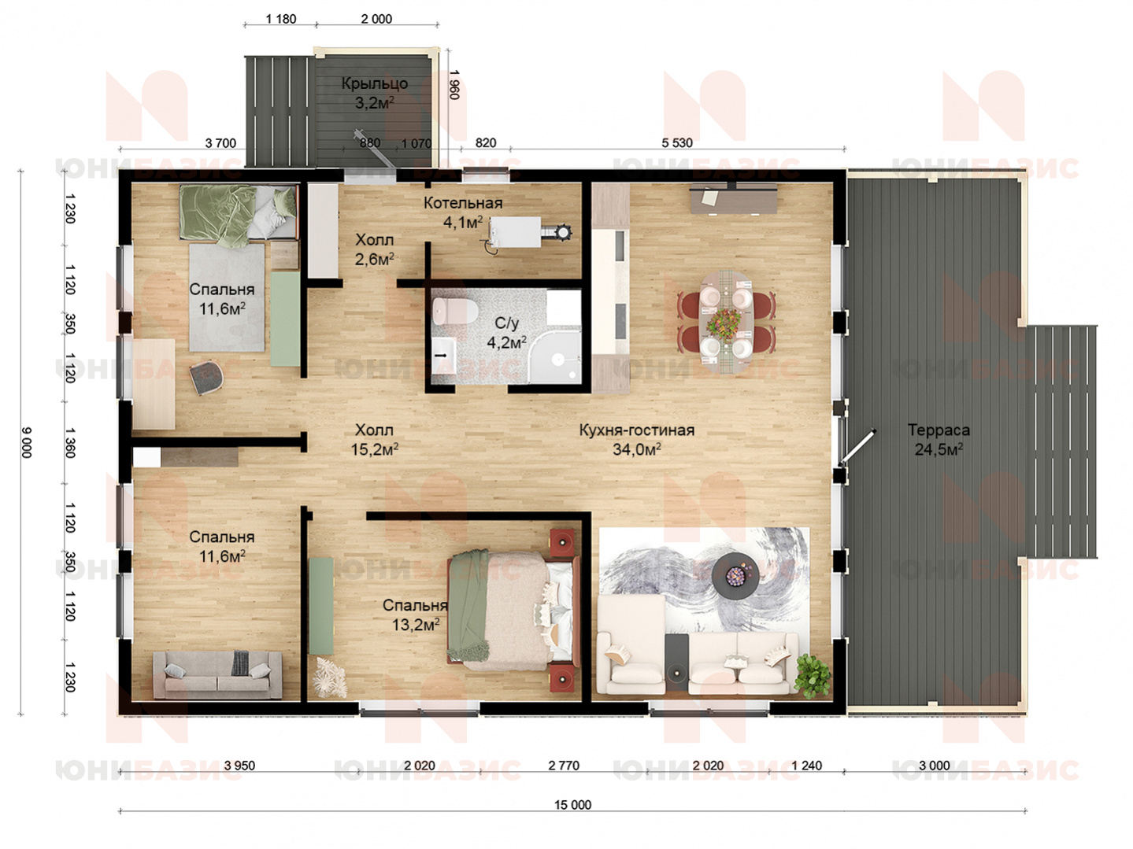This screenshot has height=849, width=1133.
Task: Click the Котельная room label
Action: click(x=463, y=203)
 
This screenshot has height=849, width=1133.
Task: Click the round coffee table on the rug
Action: click(x=735, y=574)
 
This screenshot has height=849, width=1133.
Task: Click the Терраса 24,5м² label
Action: click(x=939, y=440)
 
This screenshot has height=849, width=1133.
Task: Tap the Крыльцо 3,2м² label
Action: click(x=375, y=93)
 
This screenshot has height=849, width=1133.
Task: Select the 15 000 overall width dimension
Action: click(x=572, y=805)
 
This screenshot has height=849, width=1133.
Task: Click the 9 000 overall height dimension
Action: click(x=27, y=442)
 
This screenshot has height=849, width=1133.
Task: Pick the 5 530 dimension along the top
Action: click(x=676, y=143)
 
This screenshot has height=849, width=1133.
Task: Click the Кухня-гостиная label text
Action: click(x=636, y=430)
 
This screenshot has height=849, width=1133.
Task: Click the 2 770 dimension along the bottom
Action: click(x=564, y=766)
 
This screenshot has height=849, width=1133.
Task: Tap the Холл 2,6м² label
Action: click(x=374, y=249)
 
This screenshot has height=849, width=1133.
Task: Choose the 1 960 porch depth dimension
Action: click(x=454, y=85)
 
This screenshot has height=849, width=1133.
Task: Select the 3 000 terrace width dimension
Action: click(x=935, y=766)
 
